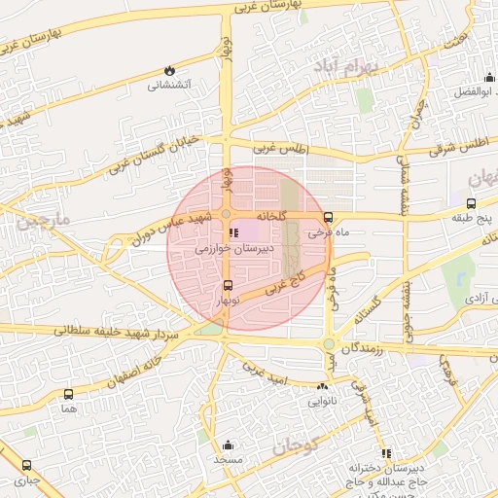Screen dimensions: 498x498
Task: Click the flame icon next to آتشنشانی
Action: pos(171,71)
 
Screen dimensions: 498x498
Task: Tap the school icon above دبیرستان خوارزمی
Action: pos(232,233)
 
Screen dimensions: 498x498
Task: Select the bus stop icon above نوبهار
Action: pos(228,285)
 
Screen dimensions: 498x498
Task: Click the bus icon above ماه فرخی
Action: pos(328,218)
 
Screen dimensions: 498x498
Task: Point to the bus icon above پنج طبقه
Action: pos(471,204)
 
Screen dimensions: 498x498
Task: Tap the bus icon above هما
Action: pos(68,394)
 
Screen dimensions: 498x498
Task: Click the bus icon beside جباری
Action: pos(26,465)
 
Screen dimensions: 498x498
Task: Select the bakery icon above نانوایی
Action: pos(322,387)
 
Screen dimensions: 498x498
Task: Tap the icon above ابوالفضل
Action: pos(488,79)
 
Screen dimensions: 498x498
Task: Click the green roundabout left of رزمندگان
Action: pos(329,344)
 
